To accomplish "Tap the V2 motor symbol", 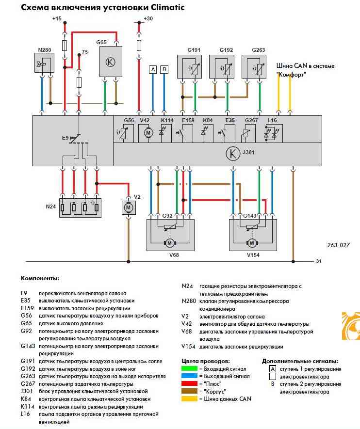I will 129,207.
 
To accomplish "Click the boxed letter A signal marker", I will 153,69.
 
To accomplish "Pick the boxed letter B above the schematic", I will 164,69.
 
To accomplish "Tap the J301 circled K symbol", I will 233,154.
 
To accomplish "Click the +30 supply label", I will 148,18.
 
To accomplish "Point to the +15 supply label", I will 57,18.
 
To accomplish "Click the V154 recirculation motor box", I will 252,235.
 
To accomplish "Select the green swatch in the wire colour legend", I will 190,369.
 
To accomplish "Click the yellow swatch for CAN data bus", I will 190,398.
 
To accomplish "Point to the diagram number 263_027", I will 338,245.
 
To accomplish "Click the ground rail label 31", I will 319,261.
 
